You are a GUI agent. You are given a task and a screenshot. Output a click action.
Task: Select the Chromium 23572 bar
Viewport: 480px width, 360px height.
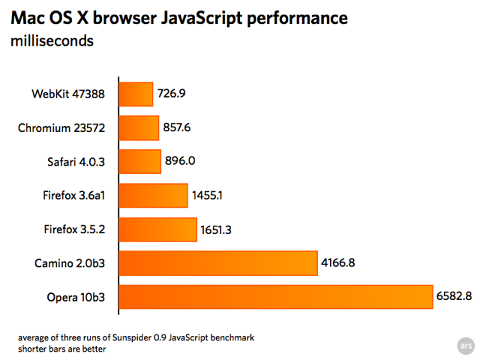(138, 128)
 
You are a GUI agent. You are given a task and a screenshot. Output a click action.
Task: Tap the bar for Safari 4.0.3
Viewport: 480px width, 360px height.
(139, 162)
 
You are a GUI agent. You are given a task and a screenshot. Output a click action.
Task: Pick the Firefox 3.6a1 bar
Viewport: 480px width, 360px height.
(152, 196)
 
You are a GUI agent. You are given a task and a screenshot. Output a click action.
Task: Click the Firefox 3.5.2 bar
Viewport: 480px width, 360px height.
(157, 229)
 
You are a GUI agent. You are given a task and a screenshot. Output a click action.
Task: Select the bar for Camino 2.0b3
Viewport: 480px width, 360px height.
(217, 263)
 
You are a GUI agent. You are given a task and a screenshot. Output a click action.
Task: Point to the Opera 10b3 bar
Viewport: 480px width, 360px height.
(274, 297)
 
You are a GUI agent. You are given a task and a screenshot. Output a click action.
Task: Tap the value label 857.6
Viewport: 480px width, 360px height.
(177, 128)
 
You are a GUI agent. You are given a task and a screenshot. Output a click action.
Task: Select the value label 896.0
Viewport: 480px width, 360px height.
(180, 162)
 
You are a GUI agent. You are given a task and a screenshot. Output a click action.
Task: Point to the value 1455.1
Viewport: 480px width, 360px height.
(207, 196)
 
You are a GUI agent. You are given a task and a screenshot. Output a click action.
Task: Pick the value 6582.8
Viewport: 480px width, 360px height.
(454, 297)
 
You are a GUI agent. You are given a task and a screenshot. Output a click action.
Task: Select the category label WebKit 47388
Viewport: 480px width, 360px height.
(68, 95)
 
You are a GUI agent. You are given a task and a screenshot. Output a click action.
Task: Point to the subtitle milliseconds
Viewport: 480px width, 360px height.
(52, 40)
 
